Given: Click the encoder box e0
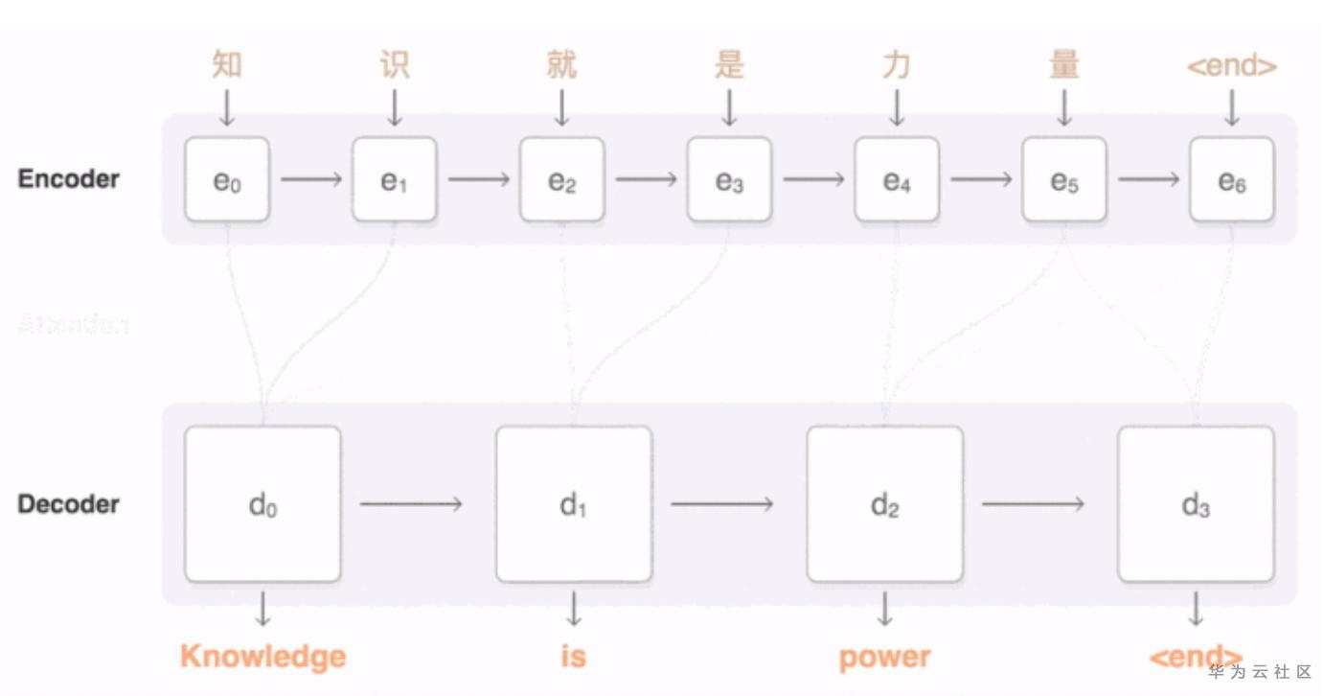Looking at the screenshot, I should click(227, 179).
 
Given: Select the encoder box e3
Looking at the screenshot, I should click(729, 179).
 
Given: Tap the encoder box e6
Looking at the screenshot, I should click(1232, 179).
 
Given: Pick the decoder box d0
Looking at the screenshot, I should click(263, 504).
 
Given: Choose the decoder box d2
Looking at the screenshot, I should click(884, 504).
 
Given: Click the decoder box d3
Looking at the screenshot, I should click(1196, 504).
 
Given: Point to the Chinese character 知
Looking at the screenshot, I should click(227, 65).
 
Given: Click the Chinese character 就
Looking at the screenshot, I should click(561, 65).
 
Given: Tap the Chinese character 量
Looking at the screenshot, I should click(1063, 65).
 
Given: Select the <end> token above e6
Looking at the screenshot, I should click(1232, 66).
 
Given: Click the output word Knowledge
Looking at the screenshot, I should click(263, 657).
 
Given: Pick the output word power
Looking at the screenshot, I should click(884, 658).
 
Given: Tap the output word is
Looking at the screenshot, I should click(573, 657).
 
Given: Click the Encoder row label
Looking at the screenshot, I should click(69, 179).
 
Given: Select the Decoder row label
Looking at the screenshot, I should click(69, 504).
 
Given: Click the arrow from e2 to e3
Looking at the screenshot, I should click(646, 179).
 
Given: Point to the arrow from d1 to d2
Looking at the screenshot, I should click(722, 504).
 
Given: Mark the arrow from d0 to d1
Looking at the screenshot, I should click(411, 504).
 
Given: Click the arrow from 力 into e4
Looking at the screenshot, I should click(897, 107).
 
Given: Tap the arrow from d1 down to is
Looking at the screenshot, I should click(574, 609).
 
